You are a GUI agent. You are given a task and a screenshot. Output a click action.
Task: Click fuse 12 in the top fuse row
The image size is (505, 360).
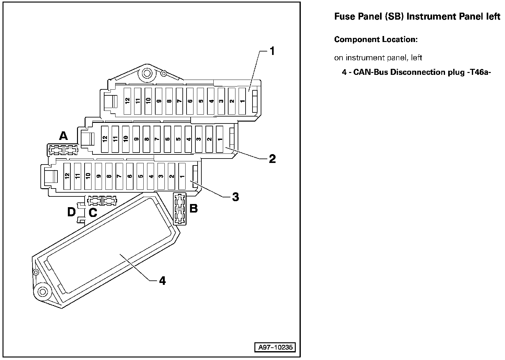click(127, 101)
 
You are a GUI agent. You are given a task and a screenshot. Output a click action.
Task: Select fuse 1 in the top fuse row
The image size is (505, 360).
click(242, 101)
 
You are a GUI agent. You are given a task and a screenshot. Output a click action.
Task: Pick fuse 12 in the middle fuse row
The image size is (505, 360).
click(105, 139)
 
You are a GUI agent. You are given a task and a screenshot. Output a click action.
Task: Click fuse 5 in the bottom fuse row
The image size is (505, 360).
click(140, 176)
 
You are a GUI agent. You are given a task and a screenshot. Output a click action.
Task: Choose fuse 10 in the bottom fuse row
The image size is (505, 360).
click(88, 176)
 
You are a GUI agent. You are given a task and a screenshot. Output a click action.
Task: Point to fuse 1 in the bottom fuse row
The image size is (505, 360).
click(182, 176)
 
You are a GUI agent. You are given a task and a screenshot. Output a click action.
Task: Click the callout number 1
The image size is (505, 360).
click(271, 51)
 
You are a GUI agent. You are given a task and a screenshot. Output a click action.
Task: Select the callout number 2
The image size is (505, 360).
click(272, 159)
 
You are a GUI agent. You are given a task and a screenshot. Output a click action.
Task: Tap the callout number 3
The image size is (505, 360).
click(235, 197)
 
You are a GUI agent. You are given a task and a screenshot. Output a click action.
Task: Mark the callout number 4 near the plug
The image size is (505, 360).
click(162, 280)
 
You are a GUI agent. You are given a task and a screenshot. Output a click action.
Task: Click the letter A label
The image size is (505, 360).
click(63, 136)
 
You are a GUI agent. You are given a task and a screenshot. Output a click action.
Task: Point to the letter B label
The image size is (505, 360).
click(193, 208)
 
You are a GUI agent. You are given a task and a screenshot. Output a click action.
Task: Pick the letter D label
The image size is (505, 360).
click(72, 212)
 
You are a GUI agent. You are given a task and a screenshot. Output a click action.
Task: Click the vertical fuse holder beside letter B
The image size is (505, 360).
click(180, 209)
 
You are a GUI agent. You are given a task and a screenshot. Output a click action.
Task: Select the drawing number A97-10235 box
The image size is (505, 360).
click(275, 348)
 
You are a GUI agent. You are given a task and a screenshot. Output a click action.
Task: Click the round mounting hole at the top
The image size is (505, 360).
click(146, 74)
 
